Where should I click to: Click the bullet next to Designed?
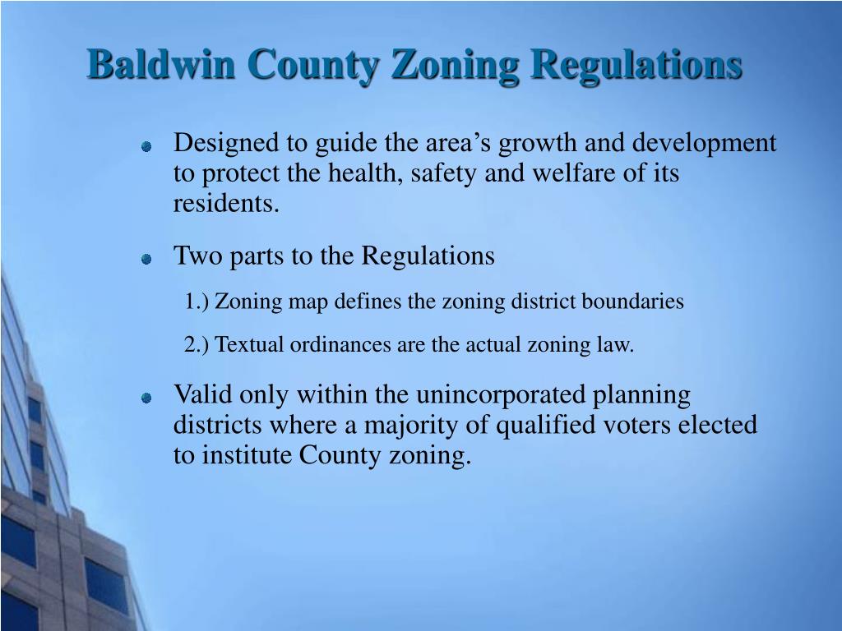point(146,147)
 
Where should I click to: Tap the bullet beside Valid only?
point(146,398)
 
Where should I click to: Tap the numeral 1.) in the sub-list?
point(198,302)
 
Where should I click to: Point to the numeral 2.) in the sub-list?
point(198,345)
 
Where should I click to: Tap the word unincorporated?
point(501,395)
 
